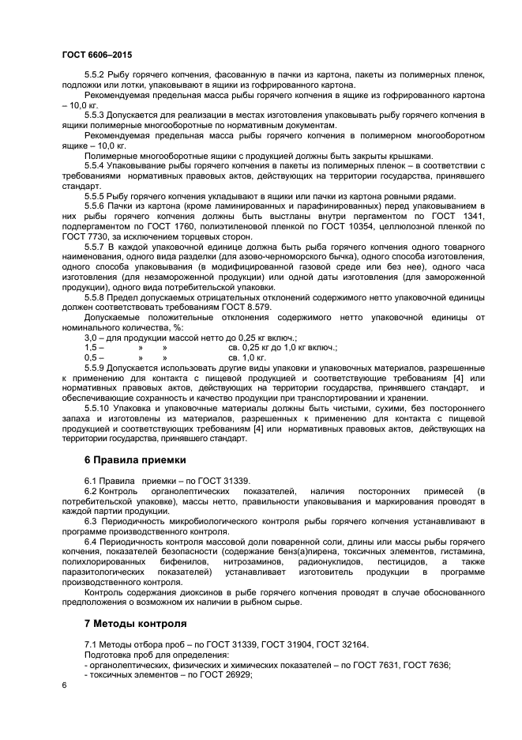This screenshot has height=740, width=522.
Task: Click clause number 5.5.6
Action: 96,205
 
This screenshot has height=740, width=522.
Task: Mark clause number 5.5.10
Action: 99,408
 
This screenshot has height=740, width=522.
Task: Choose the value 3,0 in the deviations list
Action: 91,338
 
